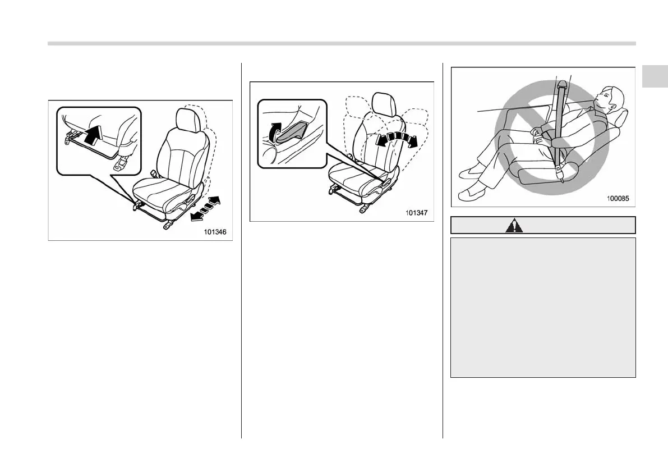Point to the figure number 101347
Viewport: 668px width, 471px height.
(x=416, y=212)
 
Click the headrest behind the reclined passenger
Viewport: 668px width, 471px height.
(x=620, y=118)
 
